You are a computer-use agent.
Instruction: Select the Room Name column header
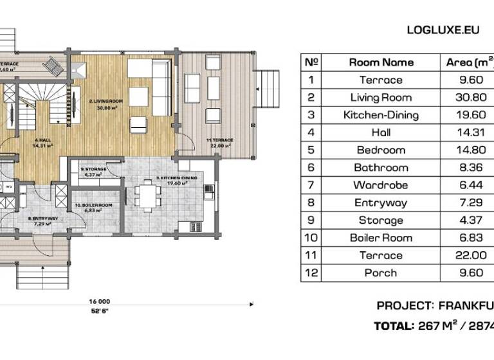(381, 62)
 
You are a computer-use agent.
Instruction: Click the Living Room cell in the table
(381, 98)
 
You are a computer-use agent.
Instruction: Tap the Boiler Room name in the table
(381, 238)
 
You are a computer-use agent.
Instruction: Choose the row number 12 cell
(311, 273)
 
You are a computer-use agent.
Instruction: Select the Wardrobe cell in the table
(381, 185)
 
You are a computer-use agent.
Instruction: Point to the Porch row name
(381, 273)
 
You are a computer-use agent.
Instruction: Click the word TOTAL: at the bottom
(394, 326)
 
